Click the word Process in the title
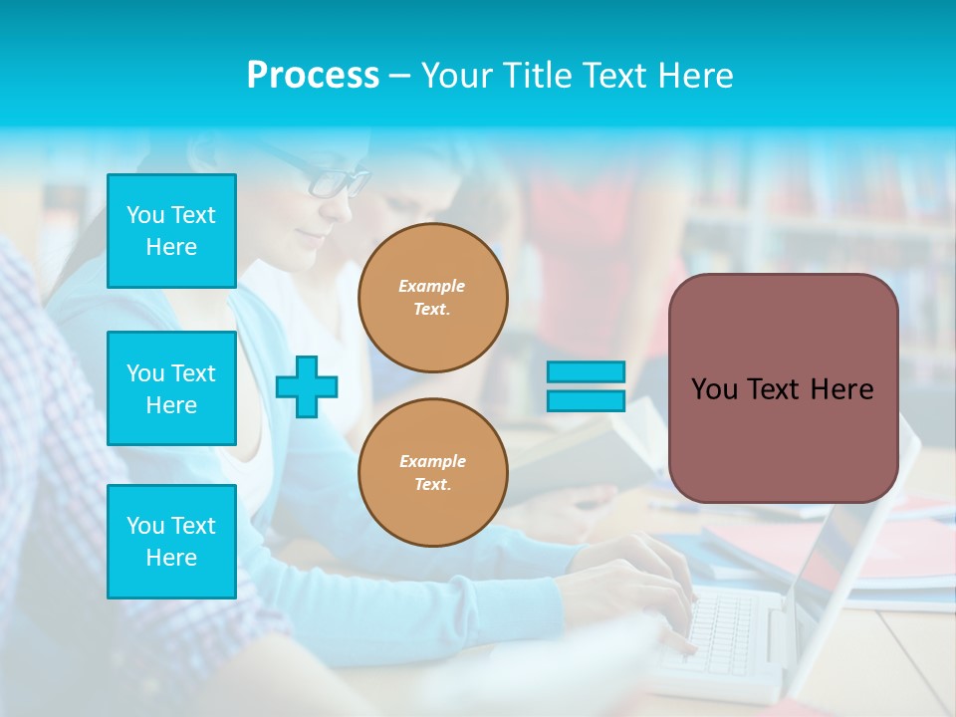coord(313,76)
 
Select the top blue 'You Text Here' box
coord(171,231)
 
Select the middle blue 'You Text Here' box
coord(171,388)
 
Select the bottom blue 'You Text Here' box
coord(171,541)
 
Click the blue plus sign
coord(307,386)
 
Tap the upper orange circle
coord(433,298)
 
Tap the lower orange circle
coord(433,473)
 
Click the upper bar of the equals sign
coord(587,371)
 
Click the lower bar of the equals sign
coord(587,400)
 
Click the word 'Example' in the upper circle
coord(432,286)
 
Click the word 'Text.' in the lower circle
coord(432,485)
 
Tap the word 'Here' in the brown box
coord(841,389)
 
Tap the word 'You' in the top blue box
coord(145,215)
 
